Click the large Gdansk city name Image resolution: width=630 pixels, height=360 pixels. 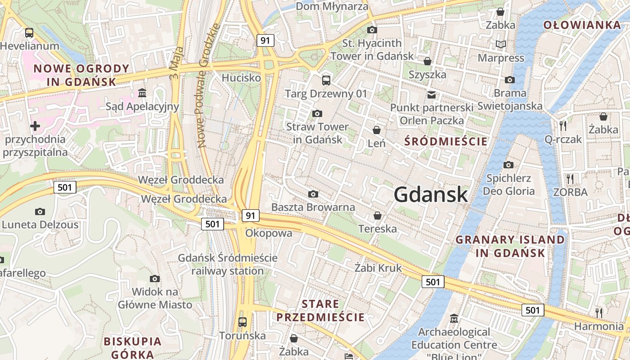[x=431, y=195]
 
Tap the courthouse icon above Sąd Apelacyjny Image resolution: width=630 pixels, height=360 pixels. [x=142, y=93]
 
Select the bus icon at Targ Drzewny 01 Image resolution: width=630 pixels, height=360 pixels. [x=326, y=81]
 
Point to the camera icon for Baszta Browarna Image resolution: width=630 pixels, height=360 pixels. [x=313, y=194]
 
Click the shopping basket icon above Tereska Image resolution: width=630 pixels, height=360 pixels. [x=378, y=216]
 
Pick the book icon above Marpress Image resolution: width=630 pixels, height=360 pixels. [x=500, y=44]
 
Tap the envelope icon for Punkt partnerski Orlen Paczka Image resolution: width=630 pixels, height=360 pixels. [x=432, y=94]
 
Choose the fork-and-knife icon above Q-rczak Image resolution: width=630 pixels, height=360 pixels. [x=563, y=126]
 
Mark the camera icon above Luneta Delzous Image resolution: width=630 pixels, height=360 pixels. [x=40, y=211]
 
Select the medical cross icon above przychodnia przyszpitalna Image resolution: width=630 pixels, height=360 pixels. [x=35, y=126]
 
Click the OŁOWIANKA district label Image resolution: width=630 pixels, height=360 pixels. [x=582, y=25]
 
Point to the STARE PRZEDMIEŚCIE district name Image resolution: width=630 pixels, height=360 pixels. [x=320, y=310]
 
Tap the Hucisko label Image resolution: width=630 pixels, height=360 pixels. [x=241, y=78]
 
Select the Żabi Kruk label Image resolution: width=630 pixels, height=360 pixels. [x=378, y=268]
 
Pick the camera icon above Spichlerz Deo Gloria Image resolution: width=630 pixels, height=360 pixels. [x=508, y=165]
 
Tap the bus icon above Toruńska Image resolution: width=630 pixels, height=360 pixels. [x=243, y=322]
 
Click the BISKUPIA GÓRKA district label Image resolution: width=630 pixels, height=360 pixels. [x=133, y=347]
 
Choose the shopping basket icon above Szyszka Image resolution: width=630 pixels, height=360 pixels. [x=427, y=61]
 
